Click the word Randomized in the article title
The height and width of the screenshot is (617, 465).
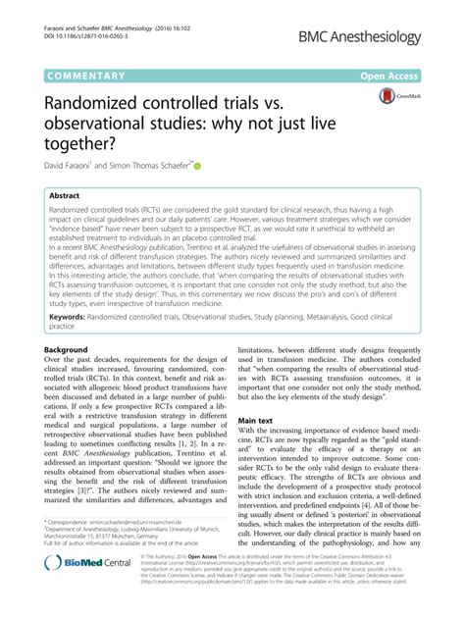coord(104,101)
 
